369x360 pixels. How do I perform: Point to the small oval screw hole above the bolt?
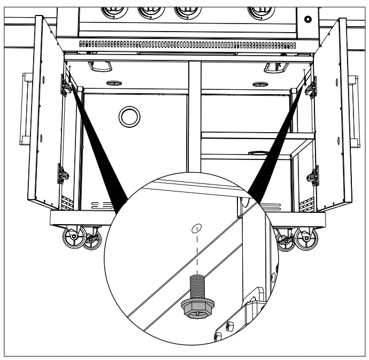(198, 228)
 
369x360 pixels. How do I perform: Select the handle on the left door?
(23, 109)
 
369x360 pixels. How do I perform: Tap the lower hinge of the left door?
(63, 174)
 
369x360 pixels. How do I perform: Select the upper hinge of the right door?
(311, 87)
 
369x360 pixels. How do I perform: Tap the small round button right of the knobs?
(308, 20)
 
